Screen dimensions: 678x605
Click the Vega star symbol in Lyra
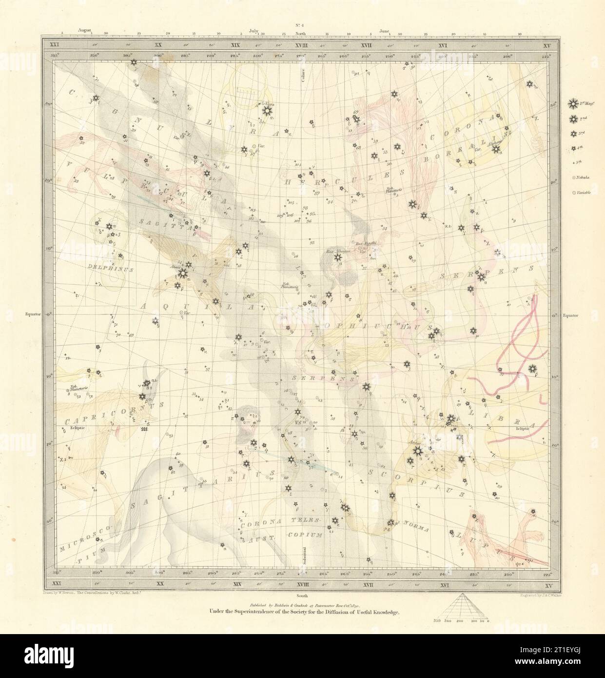[266, 111]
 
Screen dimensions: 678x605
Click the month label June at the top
[384, 30]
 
